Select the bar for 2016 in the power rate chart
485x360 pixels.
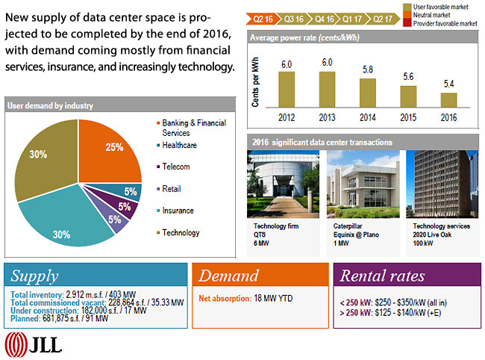click(x=448, y=100)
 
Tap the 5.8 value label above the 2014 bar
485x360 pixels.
click(x=367, y=69)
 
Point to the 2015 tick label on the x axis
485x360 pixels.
click(x=407, y=117)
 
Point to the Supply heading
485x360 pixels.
click(x=35, y=276)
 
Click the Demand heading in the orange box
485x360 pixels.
click(x=228, y=276)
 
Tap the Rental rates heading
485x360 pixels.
click(x=382, y=276)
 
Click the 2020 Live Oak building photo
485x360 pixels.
click(x=442, y=184)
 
